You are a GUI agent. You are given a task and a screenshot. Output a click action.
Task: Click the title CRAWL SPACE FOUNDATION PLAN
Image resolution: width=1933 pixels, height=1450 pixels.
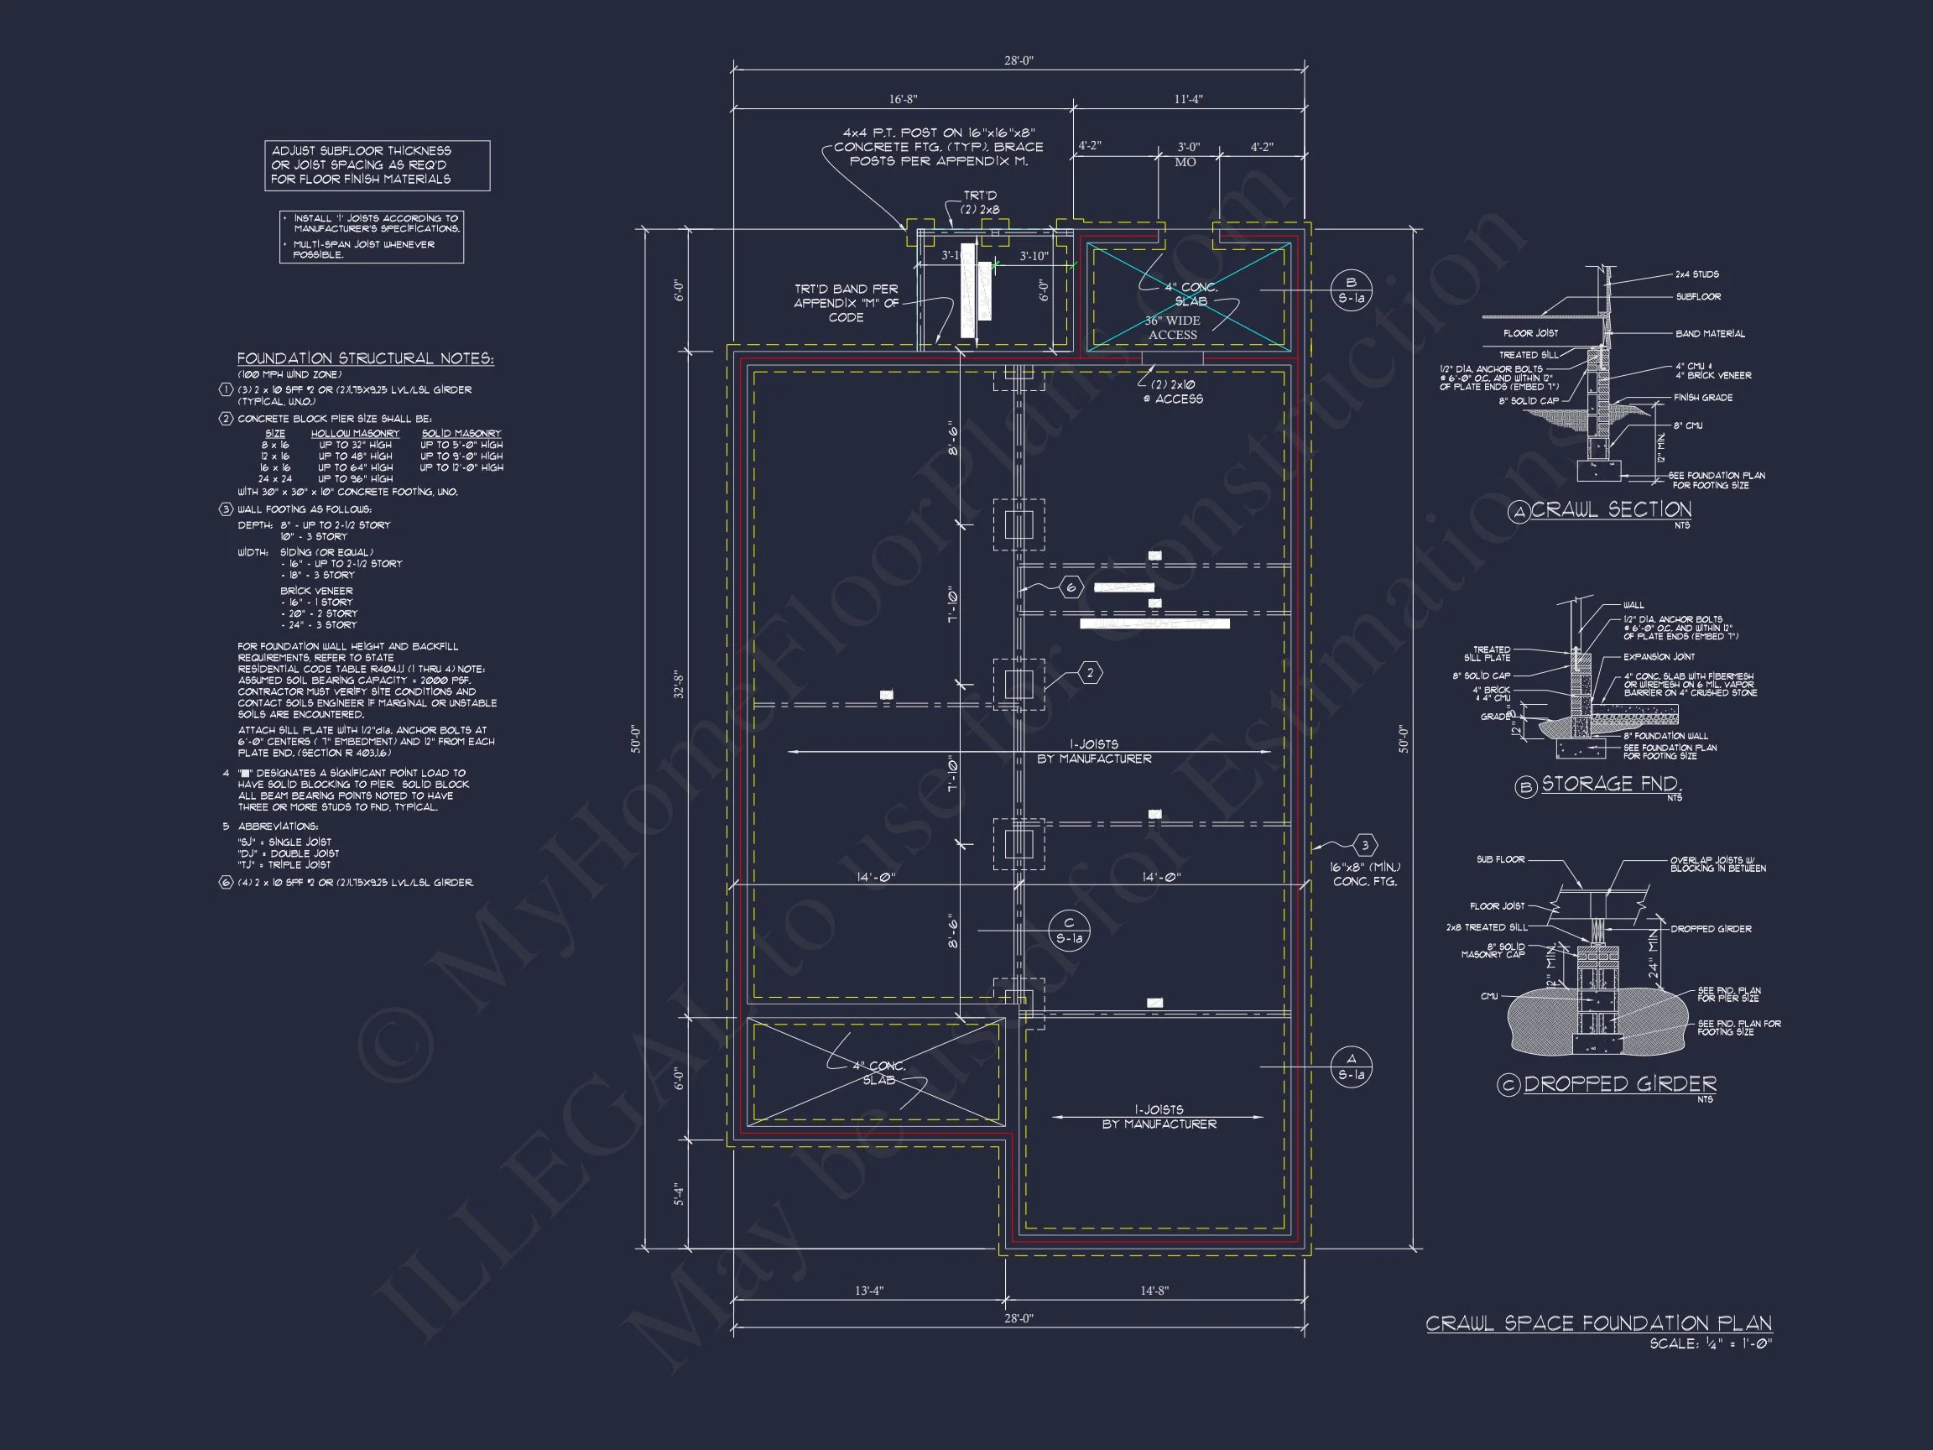point(1598,1324)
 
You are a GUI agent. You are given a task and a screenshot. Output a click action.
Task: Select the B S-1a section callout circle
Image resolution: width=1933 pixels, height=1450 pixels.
point(1351,290)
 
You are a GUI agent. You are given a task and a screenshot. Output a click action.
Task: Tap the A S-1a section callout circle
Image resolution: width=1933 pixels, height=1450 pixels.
point(1351,1067)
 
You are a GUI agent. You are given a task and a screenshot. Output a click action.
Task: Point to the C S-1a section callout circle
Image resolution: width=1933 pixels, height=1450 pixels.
point(1069,931)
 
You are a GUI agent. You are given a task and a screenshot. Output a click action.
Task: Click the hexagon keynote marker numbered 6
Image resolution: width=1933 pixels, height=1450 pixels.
point(1071,587)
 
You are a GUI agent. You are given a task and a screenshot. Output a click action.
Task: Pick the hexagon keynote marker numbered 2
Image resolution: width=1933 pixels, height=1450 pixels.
point(1090,673)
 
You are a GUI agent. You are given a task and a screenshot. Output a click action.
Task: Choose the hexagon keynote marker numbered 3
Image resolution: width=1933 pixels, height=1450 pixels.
point(1365,845)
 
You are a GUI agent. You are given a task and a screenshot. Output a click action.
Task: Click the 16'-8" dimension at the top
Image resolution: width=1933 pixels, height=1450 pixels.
point(903,100)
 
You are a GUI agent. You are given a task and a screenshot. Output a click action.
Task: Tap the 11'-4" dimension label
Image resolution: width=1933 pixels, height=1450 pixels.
point(1188,100)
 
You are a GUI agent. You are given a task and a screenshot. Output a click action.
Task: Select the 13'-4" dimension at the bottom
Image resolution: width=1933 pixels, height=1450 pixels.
point(868,1291)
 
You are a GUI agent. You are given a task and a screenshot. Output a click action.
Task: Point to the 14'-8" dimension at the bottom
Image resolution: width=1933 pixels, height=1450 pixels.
point(1154,1291)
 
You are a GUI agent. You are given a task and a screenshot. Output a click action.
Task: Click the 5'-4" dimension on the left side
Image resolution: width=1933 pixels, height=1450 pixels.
point(679,1195)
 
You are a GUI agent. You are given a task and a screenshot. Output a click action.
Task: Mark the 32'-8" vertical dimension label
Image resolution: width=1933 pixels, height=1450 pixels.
point(679,685)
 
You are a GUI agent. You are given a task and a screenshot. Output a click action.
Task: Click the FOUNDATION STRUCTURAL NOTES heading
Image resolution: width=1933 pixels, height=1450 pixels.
point(365,358)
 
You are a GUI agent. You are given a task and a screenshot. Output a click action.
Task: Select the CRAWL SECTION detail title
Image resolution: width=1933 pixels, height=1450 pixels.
point(1611,509)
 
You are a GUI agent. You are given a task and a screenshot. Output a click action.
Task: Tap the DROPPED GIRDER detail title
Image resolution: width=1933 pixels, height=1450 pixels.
point(1619,1085)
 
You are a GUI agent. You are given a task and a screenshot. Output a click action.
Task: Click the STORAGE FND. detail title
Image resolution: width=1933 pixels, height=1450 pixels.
point(1611,784)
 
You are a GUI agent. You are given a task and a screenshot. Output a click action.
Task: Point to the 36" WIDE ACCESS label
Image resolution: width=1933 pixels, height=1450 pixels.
point(1172,328)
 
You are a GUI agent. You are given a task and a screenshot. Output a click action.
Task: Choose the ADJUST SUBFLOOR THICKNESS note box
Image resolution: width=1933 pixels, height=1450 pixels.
point(378,165)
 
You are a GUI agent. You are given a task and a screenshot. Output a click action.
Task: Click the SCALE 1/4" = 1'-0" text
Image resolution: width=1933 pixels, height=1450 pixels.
point(1710,1344)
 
